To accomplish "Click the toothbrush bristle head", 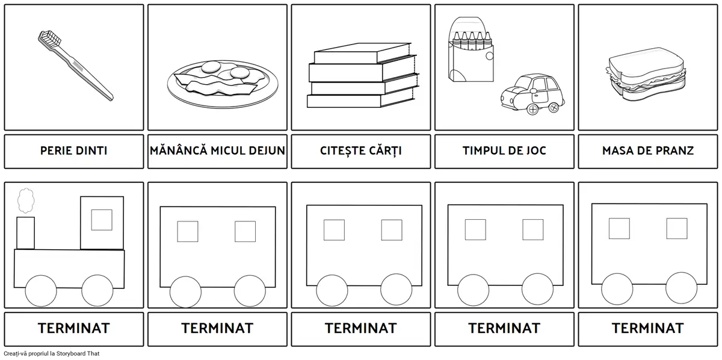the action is tap(50, 39).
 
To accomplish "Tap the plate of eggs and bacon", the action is tap(223, 84).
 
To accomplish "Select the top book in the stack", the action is tap(362, 53).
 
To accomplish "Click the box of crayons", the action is tap(471, 49).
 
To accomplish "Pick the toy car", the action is tap(532, 94).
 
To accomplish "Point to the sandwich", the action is tap(646, 74).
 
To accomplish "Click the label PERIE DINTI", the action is tap(74, 151).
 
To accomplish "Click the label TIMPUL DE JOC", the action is tap(504, 151).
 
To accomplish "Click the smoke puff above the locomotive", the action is tap(26, 200).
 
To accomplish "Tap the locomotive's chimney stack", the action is tap(25, 233).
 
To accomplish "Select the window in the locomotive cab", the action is tap(102, 220).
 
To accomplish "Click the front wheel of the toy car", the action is tap(533, 110).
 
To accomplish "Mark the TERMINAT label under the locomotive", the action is tap(74, 328).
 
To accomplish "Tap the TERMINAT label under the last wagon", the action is tap(648, 328).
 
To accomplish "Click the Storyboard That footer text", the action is tap(52, 353).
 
